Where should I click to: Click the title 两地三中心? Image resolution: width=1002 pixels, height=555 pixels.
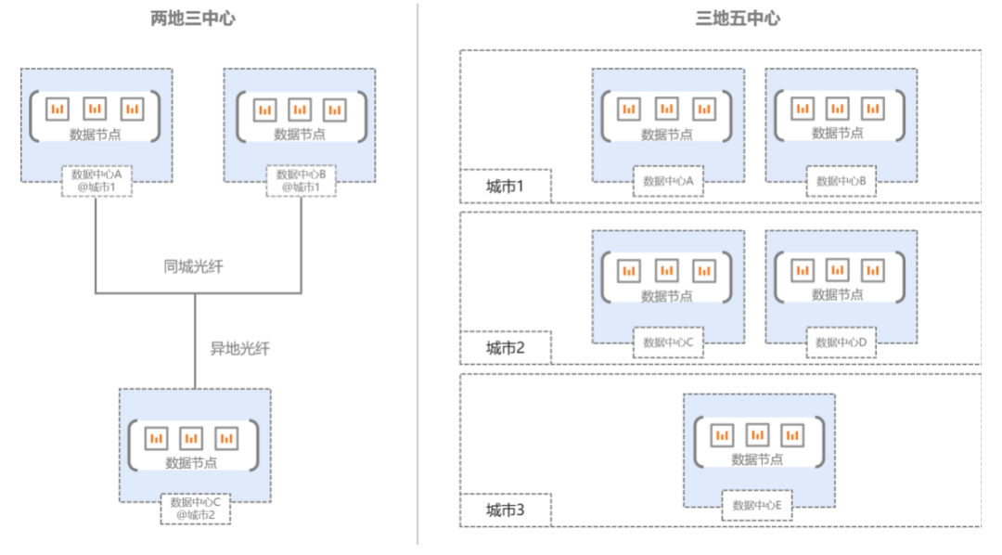tap(193, 19)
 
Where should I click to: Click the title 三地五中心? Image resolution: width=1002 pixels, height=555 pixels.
tap(738, 19)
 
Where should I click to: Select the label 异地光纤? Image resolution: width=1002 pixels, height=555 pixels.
tap(239, 349)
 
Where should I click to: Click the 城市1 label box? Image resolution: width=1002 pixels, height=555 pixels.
tap(506, 187)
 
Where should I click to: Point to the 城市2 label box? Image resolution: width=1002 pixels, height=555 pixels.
tap(506, 348)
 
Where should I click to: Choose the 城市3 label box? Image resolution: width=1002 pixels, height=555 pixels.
tap(506, 510)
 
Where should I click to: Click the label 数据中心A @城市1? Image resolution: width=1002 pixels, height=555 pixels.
tap(102, 181)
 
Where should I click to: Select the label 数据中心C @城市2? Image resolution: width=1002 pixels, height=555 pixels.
tap(195, 509)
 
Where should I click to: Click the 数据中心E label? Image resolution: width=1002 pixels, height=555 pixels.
tap(758, 506)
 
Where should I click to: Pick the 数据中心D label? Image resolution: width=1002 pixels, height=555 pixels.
tap(841, 342)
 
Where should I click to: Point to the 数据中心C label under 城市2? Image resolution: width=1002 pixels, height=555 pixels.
tap(668, 342)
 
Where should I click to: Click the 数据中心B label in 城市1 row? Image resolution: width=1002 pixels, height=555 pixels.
tap(841, 181)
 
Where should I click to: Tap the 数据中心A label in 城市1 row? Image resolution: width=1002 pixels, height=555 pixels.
tap(668, 181)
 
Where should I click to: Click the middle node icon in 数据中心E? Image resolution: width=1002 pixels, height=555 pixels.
tap(758, 434)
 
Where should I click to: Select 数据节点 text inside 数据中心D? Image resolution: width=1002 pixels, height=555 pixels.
tap(838, 295)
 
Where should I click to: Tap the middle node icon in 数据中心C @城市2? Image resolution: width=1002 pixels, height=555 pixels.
tap(191, 438)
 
